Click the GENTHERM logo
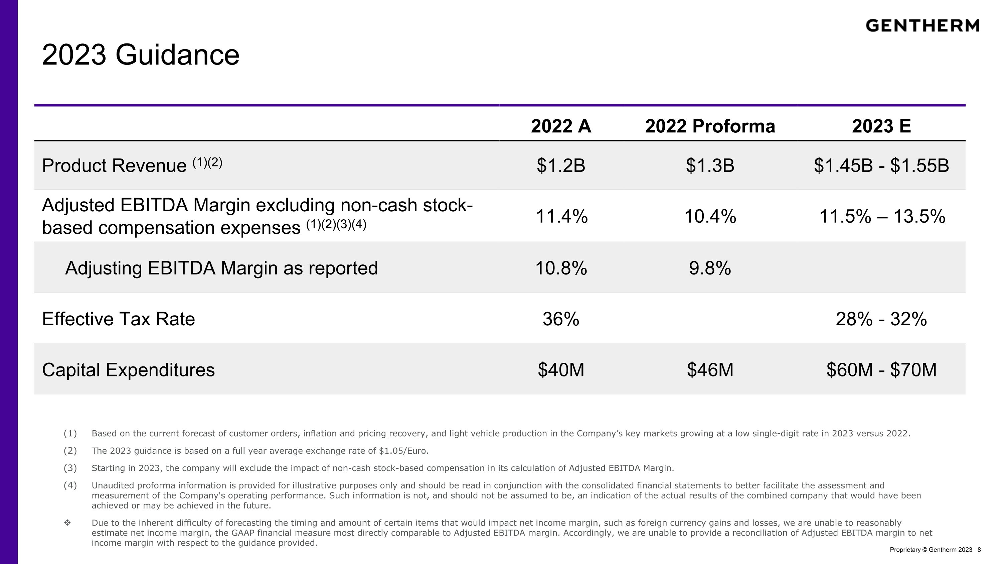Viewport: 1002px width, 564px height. (x=922, y=26)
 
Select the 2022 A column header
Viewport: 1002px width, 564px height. (x=561, y=126)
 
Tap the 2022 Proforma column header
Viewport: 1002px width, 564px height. (x=710, y=126)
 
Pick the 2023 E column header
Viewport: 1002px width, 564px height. (x=881, y=126)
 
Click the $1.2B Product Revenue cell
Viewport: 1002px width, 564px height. (x=561, y=165)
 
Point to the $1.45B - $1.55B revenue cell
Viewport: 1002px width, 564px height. (x=881, y=165)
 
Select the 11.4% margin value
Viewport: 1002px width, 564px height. (x=562, y=216)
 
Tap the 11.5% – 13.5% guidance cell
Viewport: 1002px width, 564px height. (x=882, y=216)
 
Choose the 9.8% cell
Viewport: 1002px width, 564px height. (x=710, y=268)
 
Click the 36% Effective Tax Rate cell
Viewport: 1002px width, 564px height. (x=561, y=319)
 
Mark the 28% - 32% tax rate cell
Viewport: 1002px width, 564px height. (x=881, y=319)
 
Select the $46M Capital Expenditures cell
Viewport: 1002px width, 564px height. (x=710, y=370)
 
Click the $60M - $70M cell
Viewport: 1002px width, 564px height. (x=881, y=370)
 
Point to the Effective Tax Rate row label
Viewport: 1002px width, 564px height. (x=118, y=319)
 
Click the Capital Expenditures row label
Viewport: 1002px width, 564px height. (x=128, y=370)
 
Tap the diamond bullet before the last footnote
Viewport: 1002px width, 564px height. (x=67, y=523)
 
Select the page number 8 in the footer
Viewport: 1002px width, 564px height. (x=979, y=550)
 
